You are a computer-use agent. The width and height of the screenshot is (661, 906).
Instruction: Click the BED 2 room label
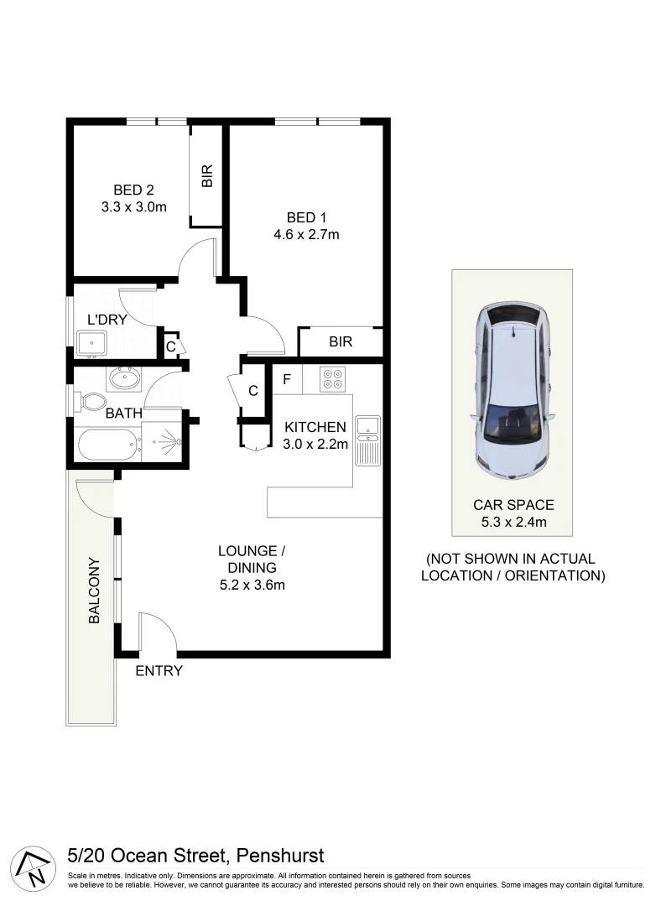tap(133, 190)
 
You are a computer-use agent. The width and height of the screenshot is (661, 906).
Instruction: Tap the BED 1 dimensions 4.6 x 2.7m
tap(306, 234)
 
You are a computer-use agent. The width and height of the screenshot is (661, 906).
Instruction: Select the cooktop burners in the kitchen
tap(333, 379)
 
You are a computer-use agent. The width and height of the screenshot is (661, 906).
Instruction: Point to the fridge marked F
tap(286, 379)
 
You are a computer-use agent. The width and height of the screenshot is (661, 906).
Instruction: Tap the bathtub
tap(108, 444)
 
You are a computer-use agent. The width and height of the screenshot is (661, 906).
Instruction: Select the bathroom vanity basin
tap(124, 378)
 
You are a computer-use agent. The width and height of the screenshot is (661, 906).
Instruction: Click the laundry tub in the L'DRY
tap(91, 343)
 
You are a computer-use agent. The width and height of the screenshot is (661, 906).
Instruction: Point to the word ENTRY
tap(159, 671)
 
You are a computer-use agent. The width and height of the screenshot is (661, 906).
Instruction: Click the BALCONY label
tap(94, 591)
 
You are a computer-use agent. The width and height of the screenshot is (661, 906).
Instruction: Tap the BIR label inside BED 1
tap(341, 342)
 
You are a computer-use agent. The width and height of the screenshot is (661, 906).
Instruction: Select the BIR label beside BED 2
tap(206, 175)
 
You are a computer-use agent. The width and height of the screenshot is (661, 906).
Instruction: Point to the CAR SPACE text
tap(513, 505)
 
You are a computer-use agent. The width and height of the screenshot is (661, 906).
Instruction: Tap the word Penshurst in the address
tap(280, 856)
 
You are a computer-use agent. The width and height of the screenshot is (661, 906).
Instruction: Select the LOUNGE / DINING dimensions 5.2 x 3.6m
tap(252, 585)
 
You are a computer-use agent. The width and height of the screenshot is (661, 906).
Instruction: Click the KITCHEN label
tap(315, 427)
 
